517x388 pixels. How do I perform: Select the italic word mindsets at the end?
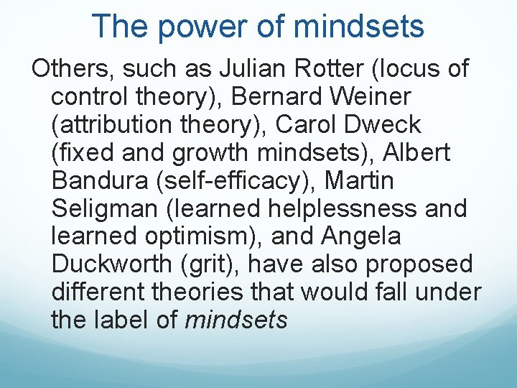click(236, 320)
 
